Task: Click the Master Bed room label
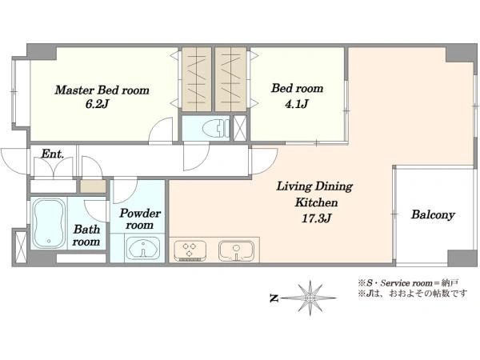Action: point(102,90)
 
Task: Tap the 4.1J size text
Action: point(296,104)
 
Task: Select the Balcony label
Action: point(433,214)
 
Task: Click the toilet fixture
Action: point(216,128)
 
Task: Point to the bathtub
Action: point(49,223)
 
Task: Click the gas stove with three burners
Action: point(190,251)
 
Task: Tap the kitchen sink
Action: point(236,251)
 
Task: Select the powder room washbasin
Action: point(143,249)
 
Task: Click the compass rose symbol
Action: point(310,298)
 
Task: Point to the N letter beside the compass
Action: point(274,298)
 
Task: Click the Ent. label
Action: point(52,154)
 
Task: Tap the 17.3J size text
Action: point(316,218)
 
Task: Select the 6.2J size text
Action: point(97,104)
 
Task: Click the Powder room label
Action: point(140,219)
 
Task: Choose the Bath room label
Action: point(86,235)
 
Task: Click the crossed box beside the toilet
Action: point(240,128)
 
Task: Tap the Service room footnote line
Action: point(407,282)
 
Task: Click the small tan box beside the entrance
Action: point(93,186)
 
